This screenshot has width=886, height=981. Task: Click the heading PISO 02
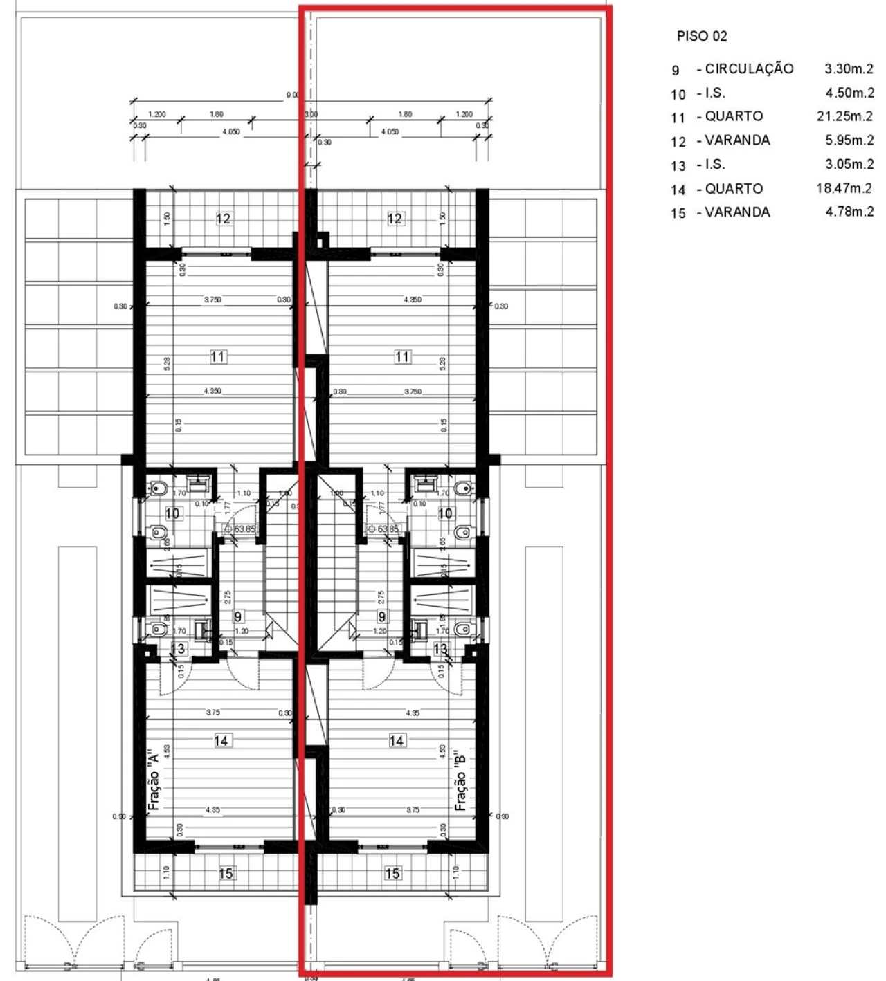[702, 37]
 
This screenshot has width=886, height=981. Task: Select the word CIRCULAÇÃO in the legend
[749, 68]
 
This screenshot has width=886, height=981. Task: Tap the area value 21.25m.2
[844, 116]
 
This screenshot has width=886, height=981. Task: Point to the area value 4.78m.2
[849, 212]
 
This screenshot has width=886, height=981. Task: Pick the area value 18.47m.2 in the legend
[844, 188]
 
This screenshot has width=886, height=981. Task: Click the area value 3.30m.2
[849, 68]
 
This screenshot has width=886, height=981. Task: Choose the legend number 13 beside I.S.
[678, 166]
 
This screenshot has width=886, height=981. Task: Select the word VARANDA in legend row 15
[737, 212]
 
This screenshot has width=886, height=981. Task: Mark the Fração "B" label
[461, 780]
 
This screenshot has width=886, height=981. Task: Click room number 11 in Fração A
[218, 357]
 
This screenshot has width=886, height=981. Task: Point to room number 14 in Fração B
[397, 741]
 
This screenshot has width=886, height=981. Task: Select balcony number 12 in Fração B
[395, 219]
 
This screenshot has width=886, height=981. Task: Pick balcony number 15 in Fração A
[226, 874]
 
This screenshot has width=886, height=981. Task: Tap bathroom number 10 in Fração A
[173, 513]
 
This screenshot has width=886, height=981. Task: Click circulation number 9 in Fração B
[382, 616]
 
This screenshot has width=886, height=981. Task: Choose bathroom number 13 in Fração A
[178, 648]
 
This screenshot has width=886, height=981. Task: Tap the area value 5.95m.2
[849, 140]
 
